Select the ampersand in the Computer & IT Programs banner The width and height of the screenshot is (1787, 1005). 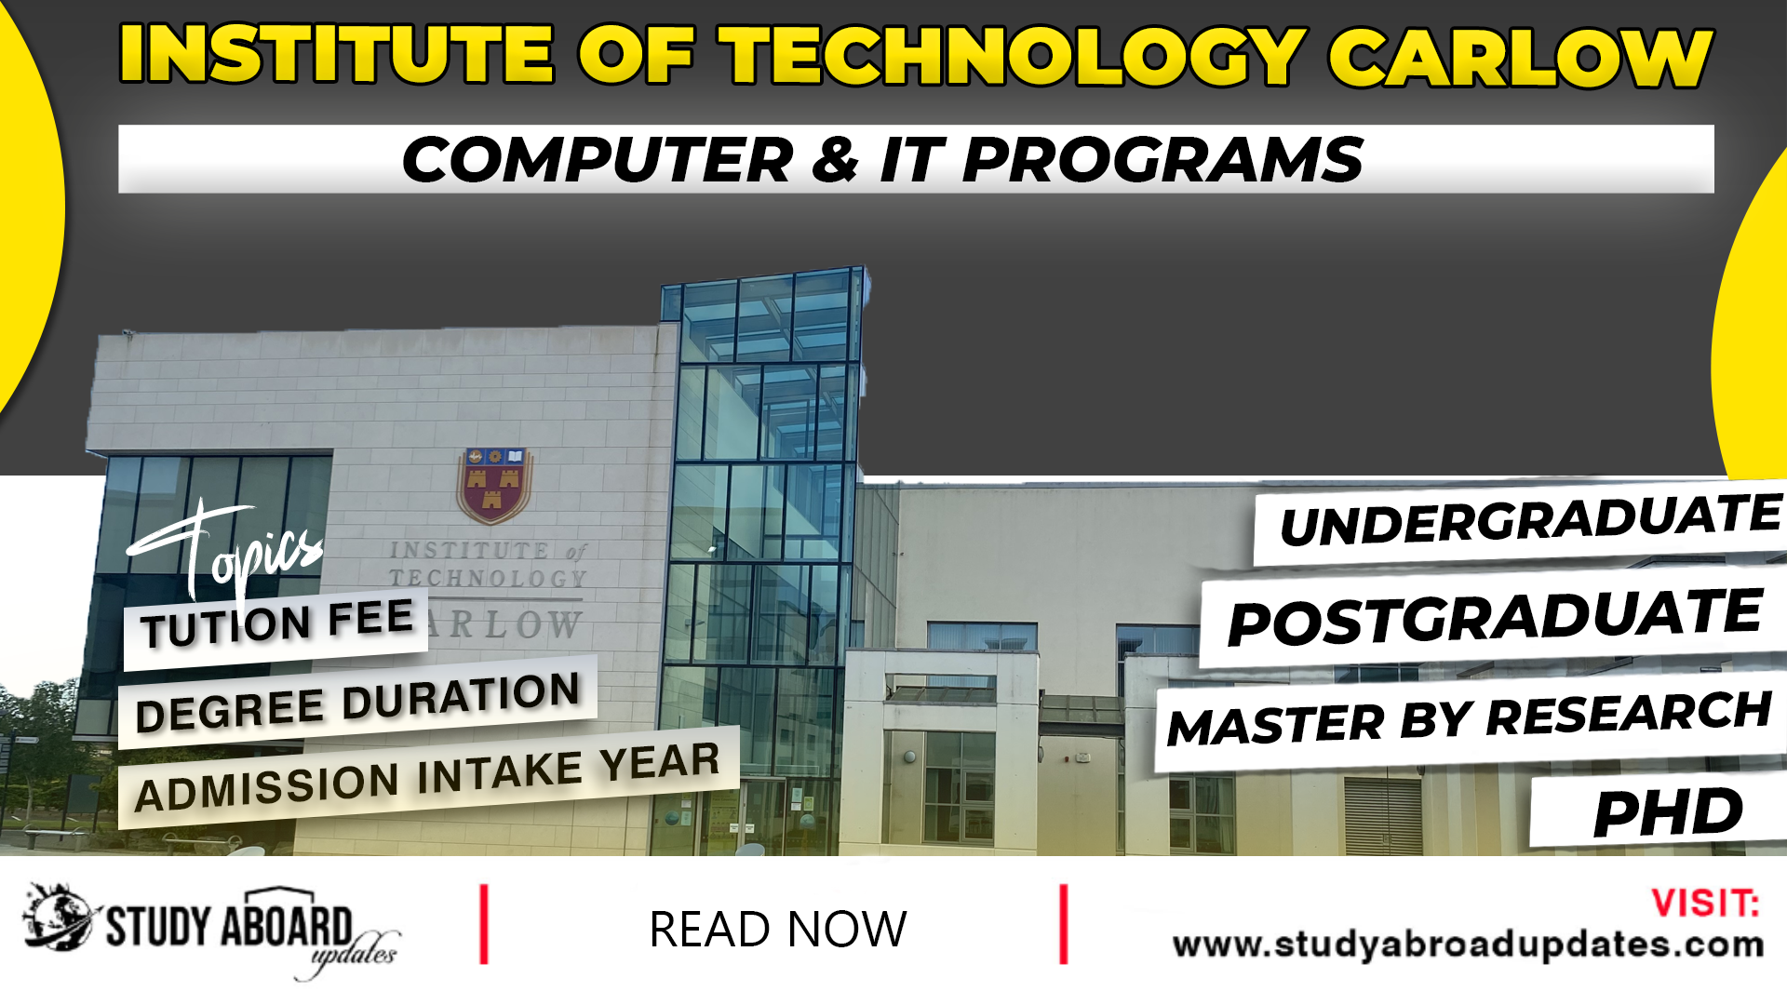834,160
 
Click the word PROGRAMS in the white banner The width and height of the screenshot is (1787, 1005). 1162,160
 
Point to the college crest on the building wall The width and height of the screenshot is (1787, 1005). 494,485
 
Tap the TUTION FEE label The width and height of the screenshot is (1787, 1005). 276,623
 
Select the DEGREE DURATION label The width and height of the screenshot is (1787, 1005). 357,703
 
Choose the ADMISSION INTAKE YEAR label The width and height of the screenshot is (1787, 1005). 427,777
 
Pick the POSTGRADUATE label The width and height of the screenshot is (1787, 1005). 1494,617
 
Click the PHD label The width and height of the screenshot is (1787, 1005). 1667,812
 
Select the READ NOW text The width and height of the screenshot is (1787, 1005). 777,930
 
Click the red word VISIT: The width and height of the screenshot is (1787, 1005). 1704,904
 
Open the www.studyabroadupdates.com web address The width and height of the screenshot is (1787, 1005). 1468,945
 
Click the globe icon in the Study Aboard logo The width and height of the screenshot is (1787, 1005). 59,918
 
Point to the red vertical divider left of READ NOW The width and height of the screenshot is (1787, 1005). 484,924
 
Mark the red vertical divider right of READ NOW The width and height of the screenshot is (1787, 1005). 1063,924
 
